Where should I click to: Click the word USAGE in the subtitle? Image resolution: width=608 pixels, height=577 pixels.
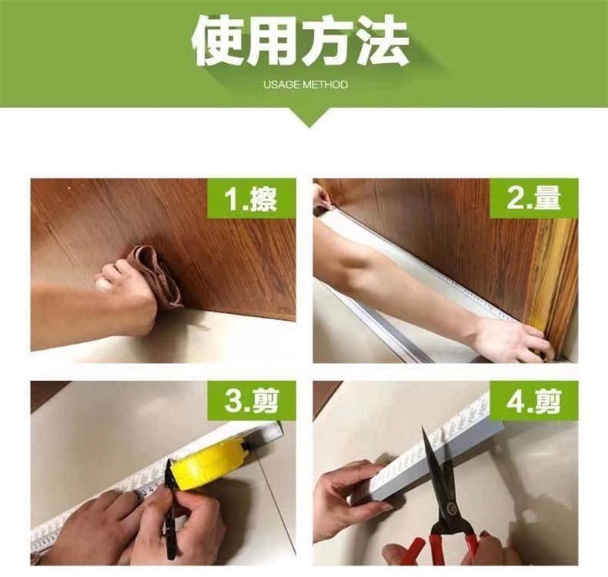click(281, 84)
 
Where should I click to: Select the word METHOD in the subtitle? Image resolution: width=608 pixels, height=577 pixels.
click(325, 84)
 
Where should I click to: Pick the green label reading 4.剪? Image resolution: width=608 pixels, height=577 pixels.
click(534, 401)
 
